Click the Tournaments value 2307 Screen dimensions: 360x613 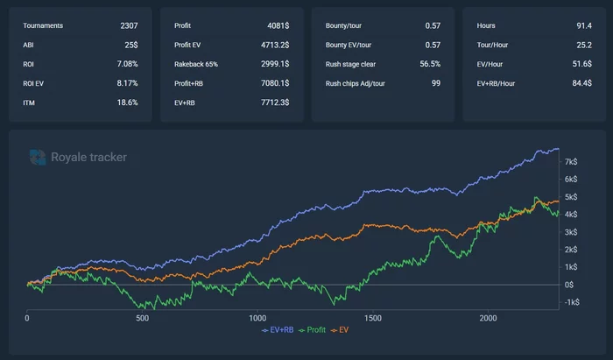(x=129, y=25)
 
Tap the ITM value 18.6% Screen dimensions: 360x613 (x=127, y=102)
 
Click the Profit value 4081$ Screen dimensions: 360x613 (x=276, y=25)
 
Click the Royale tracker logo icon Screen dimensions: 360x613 (x=38, y=157)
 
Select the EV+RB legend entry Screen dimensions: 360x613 (x=278, y=331)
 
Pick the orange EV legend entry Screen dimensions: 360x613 (x=342, y=331)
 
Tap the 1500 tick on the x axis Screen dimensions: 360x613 (x=372, y=317)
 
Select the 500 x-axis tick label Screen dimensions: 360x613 (x=142, y=317)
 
